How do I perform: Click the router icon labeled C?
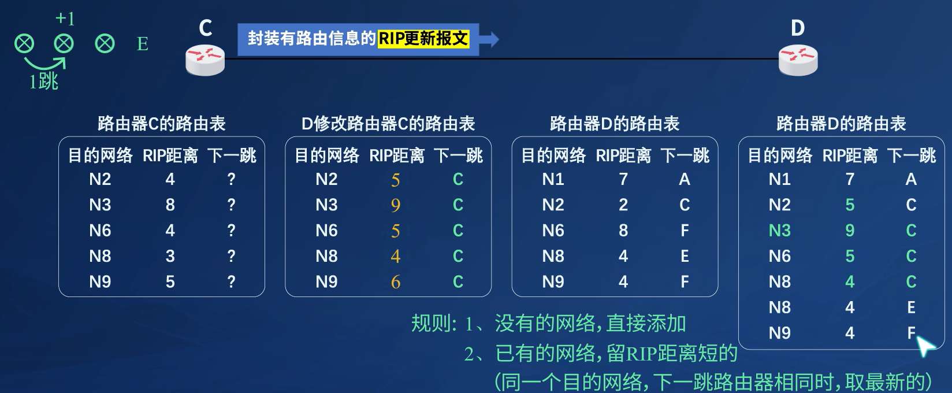click(205, 60)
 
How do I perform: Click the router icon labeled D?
click(798, 60)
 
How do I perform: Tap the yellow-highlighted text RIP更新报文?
click(423, 39)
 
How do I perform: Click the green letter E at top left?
click(142, 44)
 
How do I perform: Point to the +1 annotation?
click(65, 18)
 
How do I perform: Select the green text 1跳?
click(43, 81)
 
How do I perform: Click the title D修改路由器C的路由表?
click(388, 124)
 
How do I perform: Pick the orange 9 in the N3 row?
click(396, 205)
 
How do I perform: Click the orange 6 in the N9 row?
click(396, 282)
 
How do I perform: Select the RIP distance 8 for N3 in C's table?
click(170, 205)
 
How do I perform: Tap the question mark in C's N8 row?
click(231, 255)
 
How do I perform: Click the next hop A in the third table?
click(684, 179)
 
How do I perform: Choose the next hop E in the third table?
click(685, 256)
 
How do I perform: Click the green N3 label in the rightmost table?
click(779, 231)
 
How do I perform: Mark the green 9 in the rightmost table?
click(850, 231)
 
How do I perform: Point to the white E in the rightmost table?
click(911, 307)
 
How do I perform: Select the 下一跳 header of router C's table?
click(232, 155)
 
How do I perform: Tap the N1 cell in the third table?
click(552, 179)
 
